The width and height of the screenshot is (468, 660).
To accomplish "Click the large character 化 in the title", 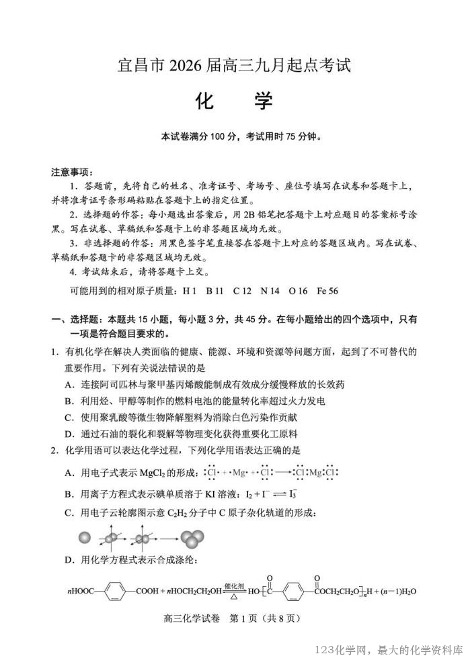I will coord(204,101).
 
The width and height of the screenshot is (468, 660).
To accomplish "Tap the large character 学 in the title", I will coord(263,101).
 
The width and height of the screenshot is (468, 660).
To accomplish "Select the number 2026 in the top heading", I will coord(178,66).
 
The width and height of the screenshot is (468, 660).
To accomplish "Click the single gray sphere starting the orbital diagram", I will coord(84,538).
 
